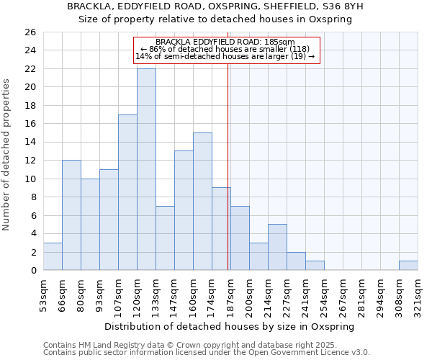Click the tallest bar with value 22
[146, 169]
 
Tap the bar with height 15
[202, 202]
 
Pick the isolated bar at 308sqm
[408, 266]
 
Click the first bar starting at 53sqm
[53, 256]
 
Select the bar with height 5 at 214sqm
[277, 247]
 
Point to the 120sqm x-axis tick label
[138, 294]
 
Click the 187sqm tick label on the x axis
[231, 294]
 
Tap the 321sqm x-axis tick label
[418, 294]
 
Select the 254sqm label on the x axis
[325, 294]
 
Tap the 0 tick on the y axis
[32, 271]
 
